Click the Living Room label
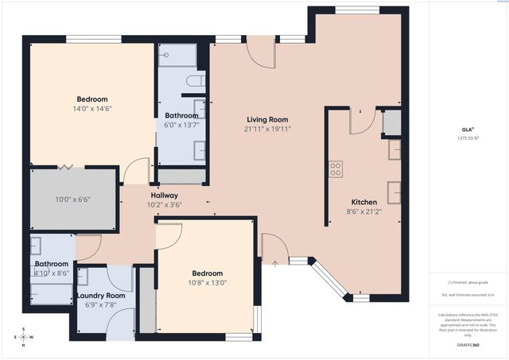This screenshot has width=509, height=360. click(266, 118)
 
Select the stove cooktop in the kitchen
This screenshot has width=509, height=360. click(336, 168)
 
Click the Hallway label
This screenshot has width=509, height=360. click(164, 195)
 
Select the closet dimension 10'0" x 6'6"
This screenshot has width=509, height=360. click(72, 199)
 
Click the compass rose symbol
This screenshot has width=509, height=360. click(23, 336)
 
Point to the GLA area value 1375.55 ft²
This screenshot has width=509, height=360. click(468, 137)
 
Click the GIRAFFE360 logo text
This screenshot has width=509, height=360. click(468, 346)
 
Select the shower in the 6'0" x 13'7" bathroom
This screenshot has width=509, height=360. click(177, 56)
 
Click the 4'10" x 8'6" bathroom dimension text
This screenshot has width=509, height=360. click(52, 273)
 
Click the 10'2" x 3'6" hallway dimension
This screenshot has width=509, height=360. click(164, 204)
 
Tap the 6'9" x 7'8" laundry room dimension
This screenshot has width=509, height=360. click(106, 304)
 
